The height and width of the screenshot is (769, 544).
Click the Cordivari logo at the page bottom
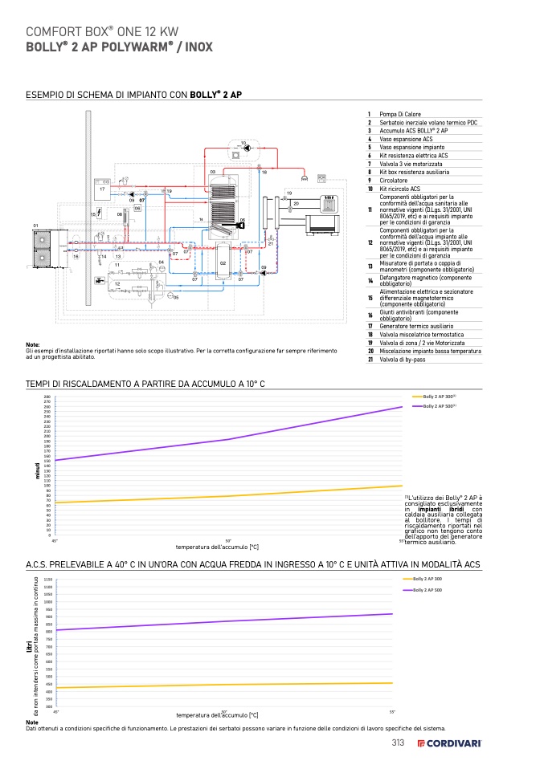point(449,743)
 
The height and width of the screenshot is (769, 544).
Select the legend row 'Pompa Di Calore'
point(400,115)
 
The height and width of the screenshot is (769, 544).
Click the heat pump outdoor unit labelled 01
point(39,240)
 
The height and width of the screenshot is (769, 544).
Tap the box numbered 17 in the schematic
point(102,189)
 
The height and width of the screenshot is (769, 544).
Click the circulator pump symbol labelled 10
point(247,149)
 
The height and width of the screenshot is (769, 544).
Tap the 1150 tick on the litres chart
point(48,579)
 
